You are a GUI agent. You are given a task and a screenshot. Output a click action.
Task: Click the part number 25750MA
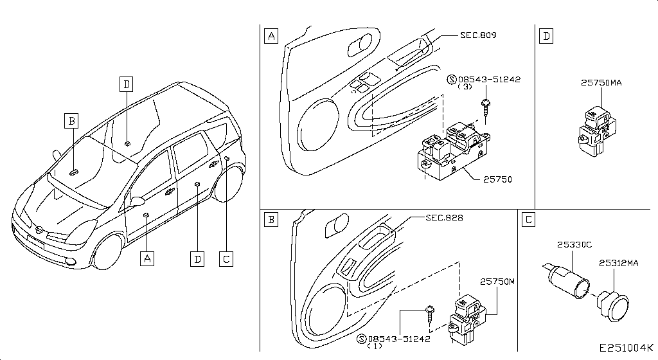[x=601, y=83]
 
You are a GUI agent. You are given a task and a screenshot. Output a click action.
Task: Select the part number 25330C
[x=574, y=244]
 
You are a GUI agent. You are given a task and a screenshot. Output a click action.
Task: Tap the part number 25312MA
[x=619, y=263]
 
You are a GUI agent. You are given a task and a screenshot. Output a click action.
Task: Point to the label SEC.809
[x=478, y=35]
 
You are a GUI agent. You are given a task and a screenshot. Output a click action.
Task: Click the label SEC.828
[x=444, y=217]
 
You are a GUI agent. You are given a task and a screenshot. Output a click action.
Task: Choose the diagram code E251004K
[x=626, y=348]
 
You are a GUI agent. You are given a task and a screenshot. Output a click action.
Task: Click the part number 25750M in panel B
[x=497, y=282]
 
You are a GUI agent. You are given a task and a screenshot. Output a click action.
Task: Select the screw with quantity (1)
[x=430, y=314]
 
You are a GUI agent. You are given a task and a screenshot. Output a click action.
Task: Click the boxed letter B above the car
[x=72, y=121]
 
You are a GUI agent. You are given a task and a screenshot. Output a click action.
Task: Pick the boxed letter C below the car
[x=226, y=259]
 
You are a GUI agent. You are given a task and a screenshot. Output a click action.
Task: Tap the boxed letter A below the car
[x=147, y=258]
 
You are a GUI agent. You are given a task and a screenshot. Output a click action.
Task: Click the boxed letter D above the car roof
[x=127, y=84]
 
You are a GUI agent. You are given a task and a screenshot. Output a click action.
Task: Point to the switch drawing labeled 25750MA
[x=598, y=130]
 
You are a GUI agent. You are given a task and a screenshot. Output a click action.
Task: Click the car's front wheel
[x=107, y=252]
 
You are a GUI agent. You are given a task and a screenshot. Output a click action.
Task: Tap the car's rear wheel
[x=229, y=184]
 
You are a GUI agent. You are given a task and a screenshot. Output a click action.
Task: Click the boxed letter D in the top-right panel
[x=546, y=36]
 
